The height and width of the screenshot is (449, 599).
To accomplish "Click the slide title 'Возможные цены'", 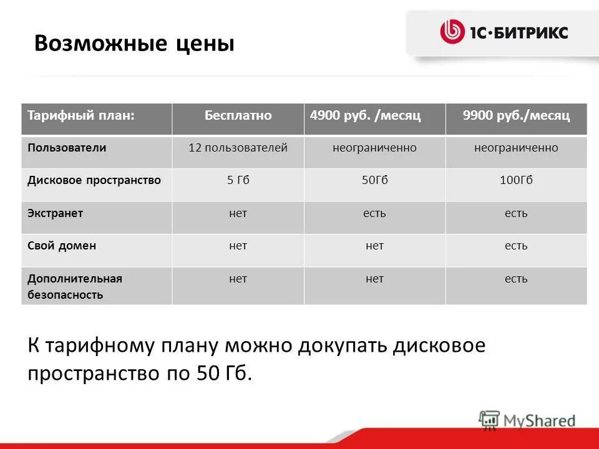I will click(134, 44).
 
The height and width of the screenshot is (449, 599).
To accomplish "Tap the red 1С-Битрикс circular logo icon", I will click(452, 32).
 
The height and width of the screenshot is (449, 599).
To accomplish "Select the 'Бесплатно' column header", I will click(238, 116).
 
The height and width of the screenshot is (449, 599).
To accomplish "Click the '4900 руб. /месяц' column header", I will click(366, 116).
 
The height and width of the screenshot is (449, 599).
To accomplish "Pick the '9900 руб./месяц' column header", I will click(516, 116).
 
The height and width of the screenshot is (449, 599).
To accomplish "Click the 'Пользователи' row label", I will click(67, 148).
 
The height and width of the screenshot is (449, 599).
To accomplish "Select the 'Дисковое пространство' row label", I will click(94, 180).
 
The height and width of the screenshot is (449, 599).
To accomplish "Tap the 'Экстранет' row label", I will click(56, 213).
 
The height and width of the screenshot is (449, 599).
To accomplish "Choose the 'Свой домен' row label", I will click(62, 246).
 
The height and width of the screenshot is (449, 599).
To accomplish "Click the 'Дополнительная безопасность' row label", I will click(75, 286).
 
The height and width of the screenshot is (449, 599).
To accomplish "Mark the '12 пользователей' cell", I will click(238, 148).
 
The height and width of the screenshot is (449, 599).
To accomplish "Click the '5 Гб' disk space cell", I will click(238, 180).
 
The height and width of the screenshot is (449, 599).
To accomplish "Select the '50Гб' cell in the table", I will click(374, 180).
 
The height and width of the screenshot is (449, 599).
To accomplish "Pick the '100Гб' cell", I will click(516, 180).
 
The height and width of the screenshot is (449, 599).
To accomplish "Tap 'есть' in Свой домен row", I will click(516, 246).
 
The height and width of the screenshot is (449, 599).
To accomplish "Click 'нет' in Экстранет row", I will click(238, 213).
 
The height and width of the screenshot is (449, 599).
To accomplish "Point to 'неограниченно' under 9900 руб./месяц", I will click(516, 148).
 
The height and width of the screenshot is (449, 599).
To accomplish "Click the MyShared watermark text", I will click(540, 420).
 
